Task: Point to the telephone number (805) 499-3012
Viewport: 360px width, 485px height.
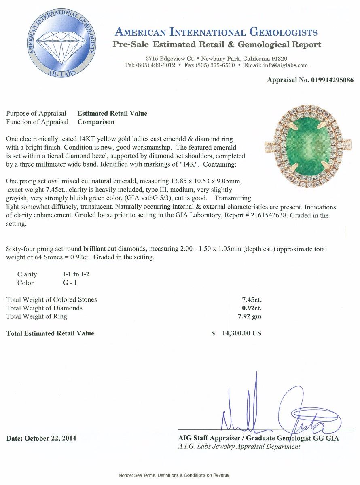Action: [156, 65]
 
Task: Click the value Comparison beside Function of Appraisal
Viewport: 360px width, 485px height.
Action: [96, 122]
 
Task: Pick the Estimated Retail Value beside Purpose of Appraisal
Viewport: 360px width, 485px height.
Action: [112, 114]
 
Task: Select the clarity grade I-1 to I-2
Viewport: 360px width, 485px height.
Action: [74, 274]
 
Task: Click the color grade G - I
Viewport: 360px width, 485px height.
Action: [66, 283]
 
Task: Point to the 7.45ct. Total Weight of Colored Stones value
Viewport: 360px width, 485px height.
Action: [251, 299]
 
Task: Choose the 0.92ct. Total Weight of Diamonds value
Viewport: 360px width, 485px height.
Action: [251, 308]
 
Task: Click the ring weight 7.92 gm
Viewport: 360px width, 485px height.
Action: [251, 316]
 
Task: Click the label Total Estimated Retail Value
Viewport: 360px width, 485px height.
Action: [50, 333]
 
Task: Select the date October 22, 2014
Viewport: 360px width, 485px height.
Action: [41, 438]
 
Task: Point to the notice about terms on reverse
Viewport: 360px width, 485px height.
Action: [174, 475]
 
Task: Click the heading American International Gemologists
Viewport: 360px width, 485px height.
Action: [216, 32]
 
